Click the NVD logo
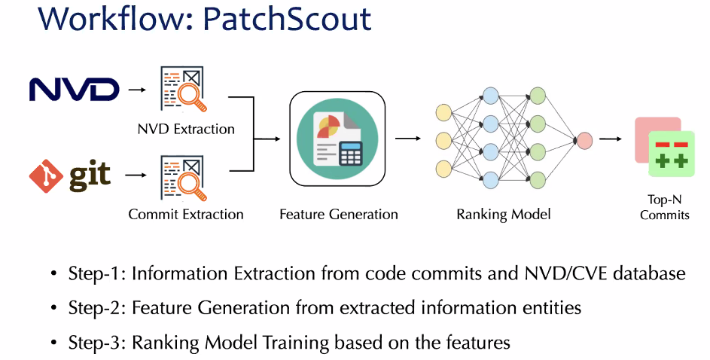[x=74, y=90]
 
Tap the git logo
[x=70, y=175]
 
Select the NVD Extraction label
[x=186, y=129]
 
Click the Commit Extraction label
[x=186, y=215]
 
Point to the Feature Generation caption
[x=338, y=215]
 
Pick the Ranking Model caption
[x=504, y=215]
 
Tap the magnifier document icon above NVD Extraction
[x=183, y=89]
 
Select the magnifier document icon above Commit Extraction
[x=183, y=175]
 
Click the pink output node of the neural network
[x=583, y=140]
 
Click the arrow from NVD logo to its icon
[x=136, y=90]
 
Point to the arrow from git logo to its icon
[x=136, y=175]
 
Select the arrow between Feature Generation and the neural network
[x=407, y=139]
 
